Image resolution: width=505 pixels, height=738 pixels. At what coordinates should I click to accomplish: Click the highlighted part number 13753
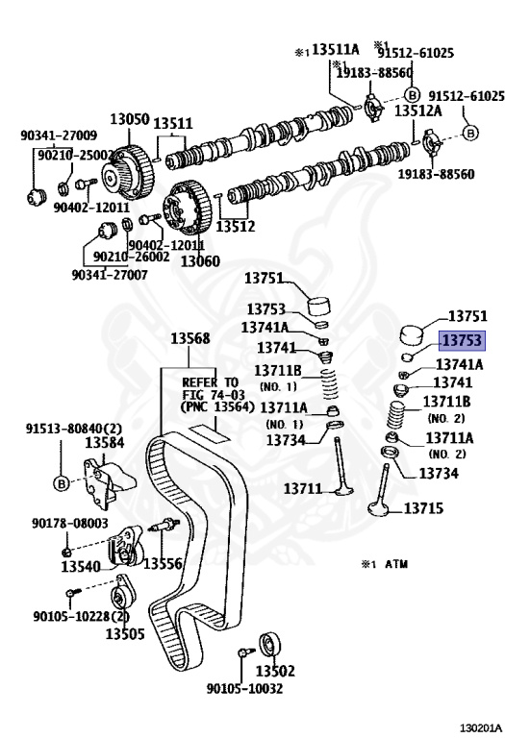(462, 340)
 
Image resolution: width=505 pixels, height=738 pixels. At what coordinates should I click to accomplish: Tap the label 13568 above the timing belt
(189, 338)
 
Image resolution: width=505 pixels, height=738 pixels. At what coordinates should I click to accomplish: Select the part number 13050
(130, 118)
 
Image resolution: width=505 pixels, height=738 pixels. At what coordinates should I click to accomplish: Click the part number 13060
(200, 260)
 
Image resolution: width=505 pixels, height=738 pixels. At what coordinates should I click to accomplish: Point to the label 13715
(423, 508)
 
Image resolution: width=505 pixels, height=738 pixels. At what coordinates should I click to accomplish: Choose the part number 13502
(275, 670)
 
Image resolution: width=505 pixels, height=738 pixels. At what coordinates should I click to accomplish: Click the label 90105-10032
(244, 689)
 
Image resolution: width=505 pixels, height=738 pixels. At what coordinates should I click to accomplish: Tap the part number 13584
(105, 442)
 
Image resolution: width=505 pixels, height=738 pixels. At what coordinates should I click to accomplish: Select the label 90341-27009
(59, 135)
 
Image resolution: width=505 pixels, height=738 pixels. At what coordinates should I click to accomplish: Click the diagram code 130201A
(481, 728)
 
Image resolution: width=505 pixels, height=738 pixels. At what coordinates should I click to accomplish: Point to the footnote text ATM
(396, 564)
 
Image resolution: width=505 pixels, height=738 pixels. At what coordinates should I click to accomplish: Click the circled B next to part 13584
(62, 483)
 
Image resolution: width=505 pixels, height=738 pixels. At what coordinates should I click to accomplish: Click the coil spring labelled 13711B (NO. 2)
(398, 413)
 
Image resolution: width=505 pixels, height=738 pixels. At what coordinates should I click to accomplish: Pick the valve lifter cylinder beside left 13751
(319, 307)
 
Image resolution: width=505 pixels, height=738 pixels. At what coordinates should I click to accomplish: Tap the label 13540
(81, 566)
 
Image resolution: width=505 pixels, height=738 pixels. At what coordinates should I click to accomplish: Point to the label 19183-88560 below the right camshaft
(436, 174)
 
